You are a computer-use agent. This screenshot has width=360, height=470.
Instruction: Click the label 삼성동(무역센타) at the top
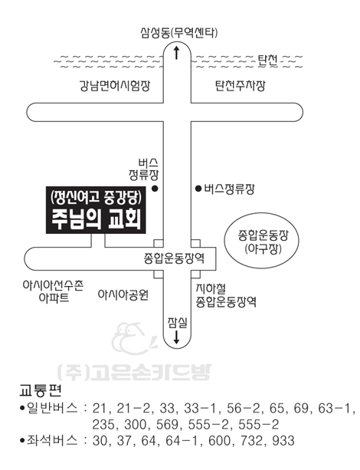(x=179, y=33)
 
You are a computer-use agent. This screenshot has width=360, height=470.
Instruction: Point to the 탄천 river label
(x=268, y=60)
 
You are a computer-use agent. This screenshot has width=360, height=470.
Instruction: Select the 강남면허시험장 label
(x=115, y=86)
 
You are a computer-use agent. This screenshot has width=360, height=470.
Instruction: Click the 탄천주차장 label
(x=240, y=86)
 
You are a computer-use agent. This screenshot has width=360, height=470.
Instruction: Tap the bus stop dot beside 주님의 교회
(x=155, y=189)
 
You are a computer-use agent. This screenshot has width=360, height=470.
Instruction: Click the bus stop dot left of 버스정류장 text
(x=198, y=189)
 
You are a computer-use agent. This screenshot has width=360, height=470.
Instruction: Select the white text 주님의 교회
(x=97, y=219)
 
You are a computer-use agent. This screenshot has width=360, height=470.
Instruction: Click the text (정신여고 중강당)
(x=97, y=198)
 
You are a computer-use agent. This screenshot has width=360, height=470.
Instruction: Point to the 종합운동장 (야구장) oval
(x=262, y=243)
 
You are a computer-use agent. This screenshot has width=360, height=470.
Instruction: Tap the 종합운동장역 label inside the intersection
(x=174, y=258)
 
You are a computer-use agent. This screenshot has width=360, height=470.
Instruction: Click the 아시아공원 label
(x=123, y=295)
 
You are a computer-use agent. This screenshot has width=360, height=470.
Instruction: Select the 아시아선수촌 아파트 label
(x=53, y=291)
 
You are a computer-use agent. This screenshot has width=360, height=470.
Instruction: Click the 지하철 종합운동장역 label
(x=226, y=295)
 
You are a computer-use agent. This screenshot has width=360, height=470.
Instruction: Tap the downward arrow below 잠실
(x=177, y=337)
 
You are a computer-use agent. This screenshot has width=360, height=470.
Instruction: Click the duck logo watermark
(x=134, y=338)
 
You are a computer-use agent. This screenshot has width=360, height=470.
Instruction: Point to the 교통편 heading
(x=40, y=390)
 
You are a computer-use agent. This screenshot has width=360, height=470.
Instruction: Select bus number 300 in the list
(x=135, y=425)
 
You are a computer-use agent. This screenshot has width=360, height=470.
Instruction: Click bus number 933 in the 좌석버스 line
(x=283, y=441)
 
